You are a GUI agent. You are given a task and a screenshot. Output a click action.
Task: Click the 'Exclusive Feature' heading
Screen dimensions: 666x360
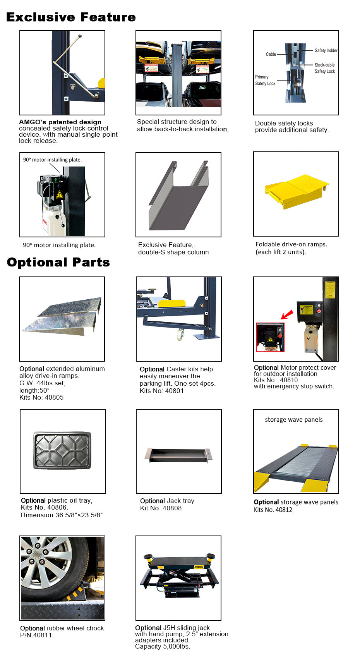[x=71, y=17]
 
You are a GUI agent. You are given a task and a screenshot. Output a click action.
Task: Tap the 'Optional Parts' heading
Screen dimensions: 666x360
[x=58, y=262]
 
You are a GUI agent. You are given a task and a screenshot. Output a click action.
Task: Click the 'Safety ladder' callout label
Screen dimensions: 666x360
[x=326, y=50]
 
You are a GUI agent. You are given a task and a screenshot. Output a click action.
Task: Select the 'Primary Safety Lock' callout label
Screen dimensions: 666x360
[x=265, y=80]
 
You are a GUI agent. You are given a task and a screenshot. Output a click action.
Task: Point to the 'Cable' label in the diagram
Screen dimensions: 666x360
[x=271, y=54]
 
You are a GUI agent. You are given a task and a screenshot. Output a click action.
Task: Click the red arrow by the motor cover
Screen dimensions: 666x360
[x=286, y=314]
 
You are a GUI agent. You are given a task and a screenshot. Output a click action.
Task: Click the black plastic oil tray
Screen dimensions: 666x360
[x=62, y=450]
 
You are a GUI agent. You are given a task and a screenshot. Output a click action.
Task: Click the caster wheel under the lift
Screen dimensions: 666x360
[x=180, y=335]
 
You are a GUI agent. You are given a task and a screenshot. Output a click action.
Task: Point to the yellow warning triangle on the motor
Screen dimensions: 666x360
[x=59, y=194]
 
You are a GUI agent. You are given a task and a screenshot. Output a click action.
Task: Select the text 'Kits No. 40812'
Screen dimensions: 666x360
[x=273, y=510]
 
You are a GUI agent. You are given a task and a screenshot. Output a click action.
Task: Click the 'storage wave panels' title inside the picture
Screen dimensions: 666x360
[x=293, y=420]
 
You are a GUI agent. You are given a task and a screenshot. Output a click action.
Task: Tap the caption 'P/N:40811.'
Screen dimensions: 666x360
[x=37, y=635]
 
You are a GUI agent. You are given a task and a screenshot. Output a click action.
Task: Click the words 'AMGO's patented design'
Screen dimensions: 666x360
[x=60, y=122]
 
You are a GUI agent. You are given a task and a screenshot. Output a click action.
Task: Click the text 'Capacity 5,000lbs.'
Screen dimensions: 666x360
[x=162, y=646]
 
